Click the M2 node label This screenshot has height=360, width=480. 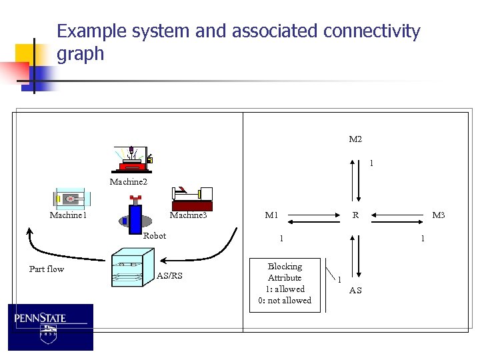click(x=355, y=139)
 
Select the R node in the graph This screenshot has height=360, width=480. click(x=356, y=215)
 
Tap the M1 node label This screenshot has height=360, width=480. click(x=271, y=215)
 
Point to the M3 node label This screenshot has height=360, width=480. click(x=438, y=215)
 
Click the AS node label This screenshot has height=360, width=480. click(x=356, y=290)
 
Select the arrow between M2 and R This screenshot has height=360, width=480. click(x=359, y=180)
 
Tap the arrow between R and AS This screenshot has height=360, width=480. click(x=359, y=254)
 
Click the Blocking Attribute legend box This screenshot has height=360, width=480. click(x=285, y=284)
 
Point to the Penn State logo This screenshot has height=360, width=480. click(x=51, y=327)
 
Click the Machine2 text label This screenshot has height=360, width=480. click(x=128, y=181)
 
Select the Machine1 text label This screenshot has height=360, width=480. click(x=68, y=215)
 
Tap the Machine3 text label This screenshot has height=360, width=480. click(x=188, y=215)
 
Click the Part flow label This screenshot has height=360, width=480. click(x=47, y=269)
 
